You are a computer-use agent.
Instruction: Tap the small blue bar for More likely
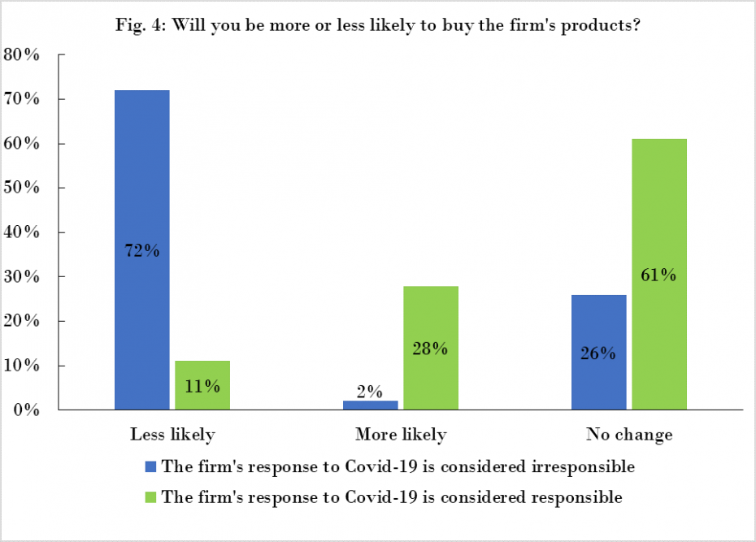point(370,405)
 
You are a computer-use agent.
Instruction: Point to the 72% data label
point(141,251)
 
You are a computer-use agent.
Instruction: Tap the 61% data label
point(658,275)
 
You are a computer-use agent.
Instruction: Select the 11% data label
point(202,386)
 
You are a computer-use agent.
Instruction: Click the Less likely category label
point(172,435)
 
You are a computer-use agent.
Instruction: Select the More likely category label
point(401,435)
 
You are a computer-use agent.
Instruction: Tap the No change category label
point(629,435)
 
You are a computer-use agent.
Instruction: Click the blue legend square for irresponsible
point(150,467)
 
